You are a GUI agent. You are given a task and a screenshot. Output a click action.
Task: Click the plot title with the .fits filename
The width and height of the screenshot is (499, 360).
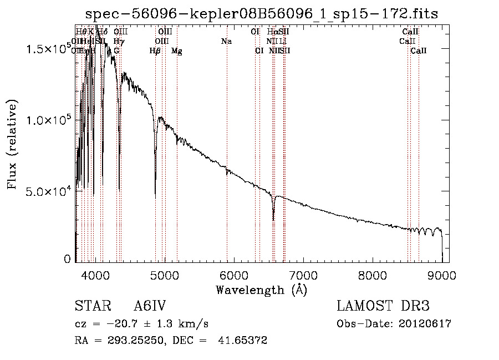pos(262,14)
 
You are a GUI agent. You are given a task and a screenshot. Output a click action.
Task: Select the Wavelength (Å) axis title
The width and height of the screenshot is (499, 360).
pos(261,290)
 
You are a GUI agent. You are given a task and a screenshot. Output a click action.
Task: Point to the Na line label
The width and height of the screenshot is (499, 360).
pos(226,42)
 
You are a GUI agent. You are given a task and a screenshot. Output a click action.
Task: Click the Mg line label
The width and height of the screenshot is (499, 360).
pos(176,51)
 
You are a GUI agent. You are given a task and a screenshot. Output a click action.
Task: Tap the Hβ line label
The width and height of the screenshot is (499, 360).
pos(155,51)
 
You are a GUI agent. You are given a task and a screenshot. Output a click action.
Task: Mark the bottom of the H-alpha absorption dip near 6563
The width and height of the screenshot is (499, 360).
pos(273,219)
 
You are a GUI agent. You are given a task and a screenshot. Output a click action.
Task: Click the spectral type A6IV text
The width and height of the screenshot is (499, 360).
pos(151,306)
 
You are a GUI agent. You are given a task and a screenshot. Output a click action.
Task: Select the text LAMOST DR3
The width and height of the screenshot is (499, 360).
pos(383,306)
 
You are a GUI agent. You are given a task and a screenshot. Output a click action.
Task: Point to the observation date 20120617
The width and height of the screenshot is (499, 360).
pos(425,324)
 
